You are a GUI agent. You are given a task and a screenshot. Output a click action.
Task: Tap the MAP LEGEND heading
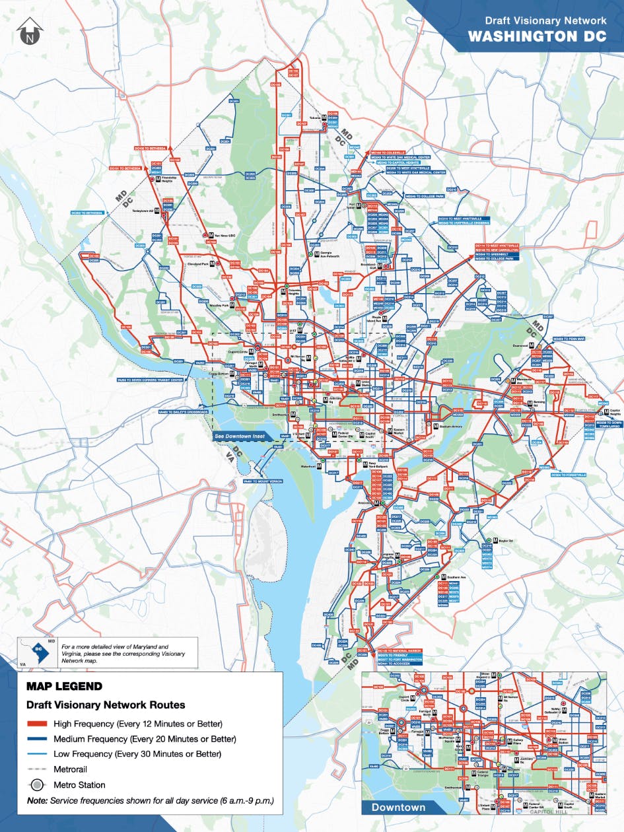[x=64, y=686]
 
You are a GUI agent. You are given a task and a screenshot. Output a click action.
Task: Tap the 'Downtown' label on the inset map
[x=398, y=807]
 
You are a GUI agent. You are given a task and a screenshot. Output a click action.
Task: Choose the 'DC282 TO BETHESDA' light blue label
[x=87, y=213]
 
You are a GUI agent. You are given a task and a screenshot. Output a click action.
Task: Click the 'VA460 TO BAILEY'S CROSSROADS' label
[x=184, y=412]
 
